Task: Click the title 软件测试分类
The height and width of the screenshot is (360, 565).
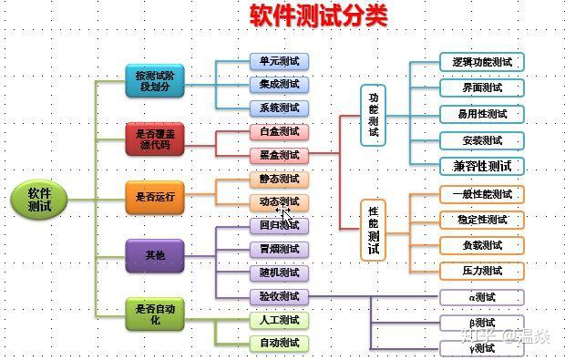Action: pyautogui.click(x=318, y=16)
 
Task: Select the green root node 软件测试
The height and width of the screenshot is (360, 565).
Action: pyautogui.click(x=39, y=200)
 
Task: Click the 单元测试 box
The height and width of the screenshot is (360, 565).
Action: pyautogui.click(x=279, y=61)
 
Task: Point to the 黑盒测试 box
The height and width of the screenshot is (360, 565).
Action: pyautogui.click(x=279, y=155)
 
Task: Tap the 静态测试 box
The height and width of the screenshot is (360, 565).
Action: pyautogui.click(x=279, y=179)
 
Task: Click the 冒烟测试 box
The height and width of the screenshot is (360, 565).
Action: pyautogui.click(x=279, y=249)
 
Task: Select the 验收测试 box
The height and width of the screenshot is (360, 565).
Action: pyautogui.click(x=279, y=296)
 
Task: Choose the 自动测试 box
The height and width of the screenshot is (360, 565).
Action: pyautogui.click(x=279, y=344)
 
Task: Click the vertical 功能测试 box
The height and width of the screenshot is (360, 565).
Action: pyautogui.click(x=374, y=115)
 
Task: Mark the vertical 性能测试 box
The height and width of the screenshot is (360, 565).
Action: pyautogui.click(x=374, y=230)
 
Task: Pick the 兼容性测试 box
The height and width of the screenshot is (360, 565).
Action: pyautogui.click(x=482, y=166)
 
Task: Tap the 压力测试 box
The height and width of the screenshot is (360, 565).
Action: pyautogui.click(x=482, y=271)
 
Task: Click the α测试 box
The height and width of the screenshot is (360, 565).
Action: pyautogui.click(x=482, y=297)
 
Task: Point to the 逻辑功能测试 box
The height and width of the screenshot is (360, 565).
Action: pyautogui.click(x=482, y=62)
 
